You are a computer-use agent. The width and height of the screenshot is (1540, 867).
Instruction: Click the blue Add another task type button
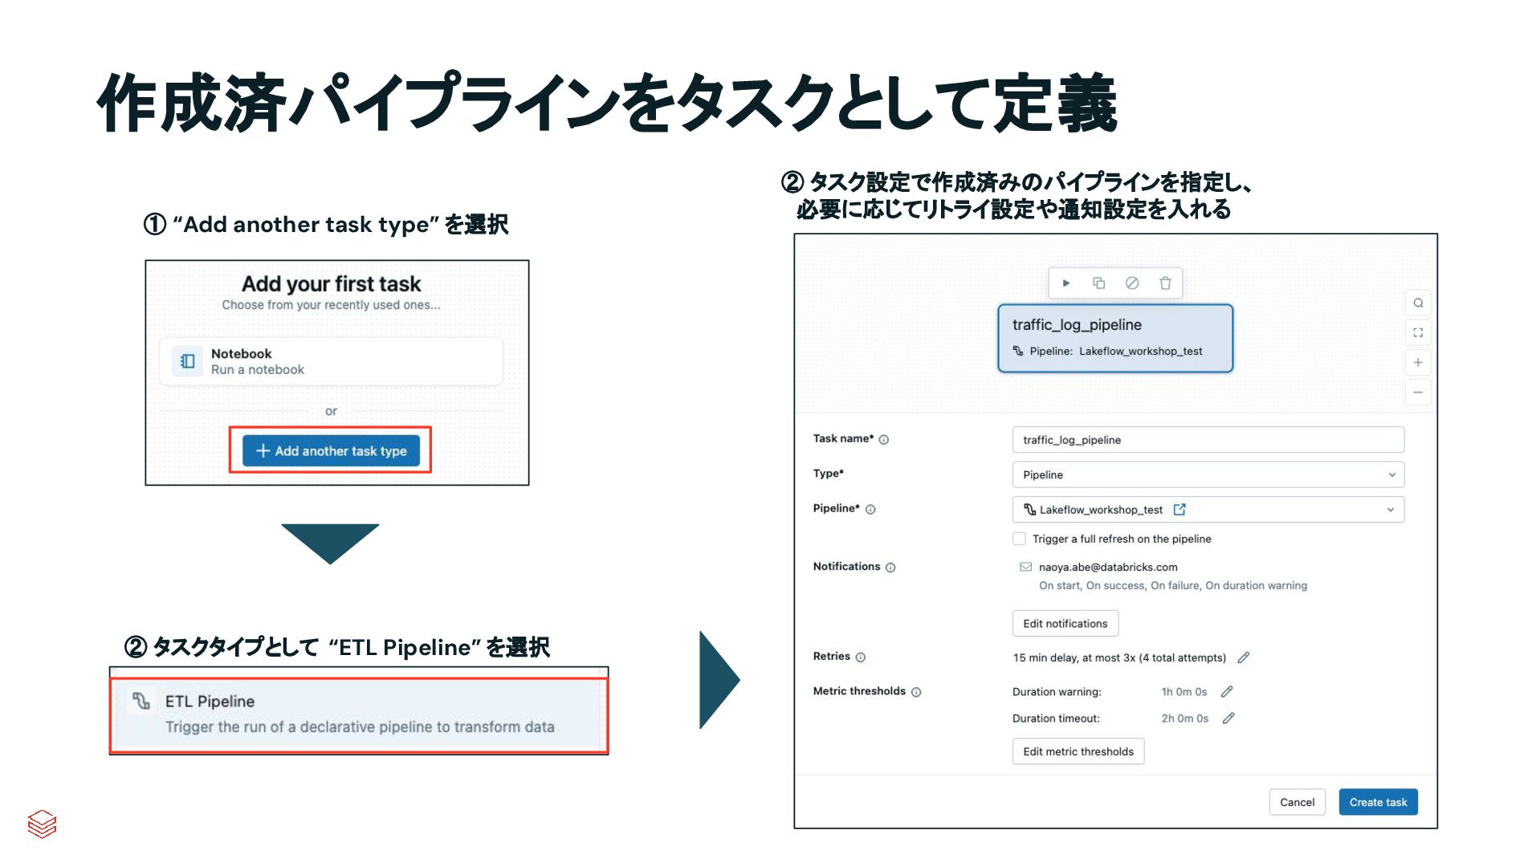coord(331,450)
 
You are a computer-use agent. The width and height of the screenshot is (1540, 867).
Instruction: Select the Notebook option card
coord(331,361)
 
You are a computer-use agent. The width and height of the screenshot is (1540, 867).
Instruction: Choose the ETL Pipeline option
coord(359,714)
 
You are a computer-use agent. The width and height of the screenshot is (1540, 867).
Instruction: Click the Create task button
coord(1378,802)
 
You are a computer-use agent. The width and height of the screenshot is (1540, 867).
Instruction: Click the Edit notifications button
coord(1065,623)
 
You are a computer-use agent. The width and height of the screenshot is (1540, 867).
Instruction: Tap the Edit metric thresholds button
coord(1078,751)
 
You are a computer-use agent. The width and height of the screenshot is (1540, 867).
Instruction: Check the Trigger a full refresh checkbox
coord(1019,539)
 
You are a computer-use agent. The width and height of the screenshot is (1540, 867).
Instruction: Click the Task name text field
coord(1208,440)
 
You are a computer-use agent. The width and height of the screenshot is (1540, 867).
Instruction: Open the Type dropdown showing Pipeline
coord(1208,474)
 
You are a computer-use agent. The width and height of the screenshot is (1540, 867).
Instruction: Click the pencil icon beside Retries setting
coord(1243,657)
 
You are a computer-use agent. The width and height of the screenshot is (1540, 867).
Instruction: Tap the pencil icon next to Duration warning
coord(1226,691)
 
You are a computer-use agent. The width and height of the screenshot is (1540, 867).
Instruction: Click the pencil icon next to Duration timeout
coord(1228,718)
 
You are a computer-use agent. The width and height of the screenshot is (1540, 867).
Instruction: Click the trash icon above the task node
coord(1165,283)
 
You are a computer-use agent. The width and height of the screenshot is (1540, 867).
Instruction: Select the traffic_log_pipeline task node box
coord(1114,338)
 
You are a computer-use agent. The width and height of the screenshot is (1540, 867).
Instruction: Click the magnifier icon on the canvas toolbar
coord(1418,303)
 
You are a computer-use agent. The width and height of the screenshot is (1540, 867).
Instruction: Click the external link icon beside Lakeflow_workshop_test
coord(1179,510)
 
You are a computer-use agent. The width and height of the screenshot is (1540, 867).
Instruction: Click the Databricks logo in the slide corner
coord(42,824)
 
